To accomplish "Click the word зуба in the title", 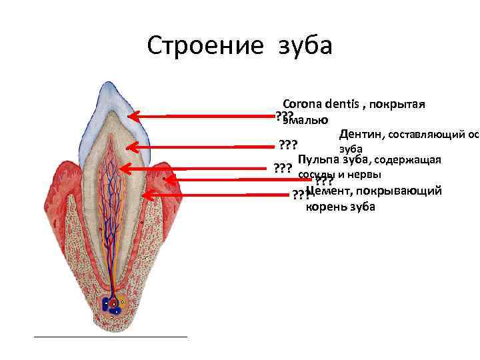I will click(305, 46).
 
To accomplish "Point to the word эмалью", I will click(305, 120).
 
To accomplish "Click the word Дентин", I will click(360, 135).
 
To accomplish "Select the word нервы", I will click(365, 175).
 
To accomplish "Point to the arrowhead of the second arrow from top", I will click(131, 147).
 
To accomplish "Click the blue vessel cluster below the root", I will click(109, 305).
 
